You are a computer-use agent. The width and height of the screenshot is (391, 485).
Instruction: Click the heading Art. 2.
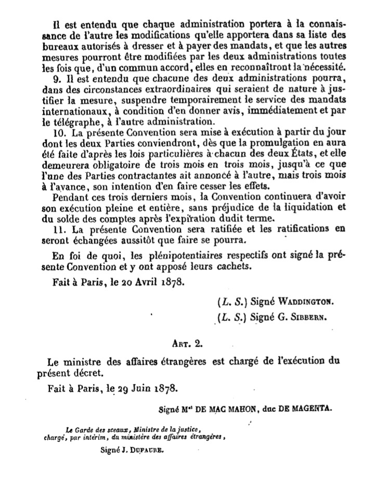[196, 343]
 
